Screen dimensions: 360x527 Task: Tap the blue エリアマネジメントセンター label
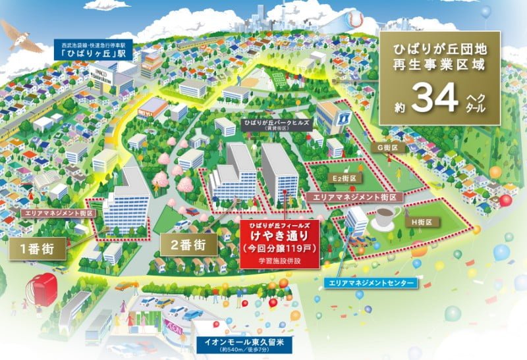[370, 283]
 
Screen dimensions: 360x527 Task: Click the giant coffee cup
[386, 217]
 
